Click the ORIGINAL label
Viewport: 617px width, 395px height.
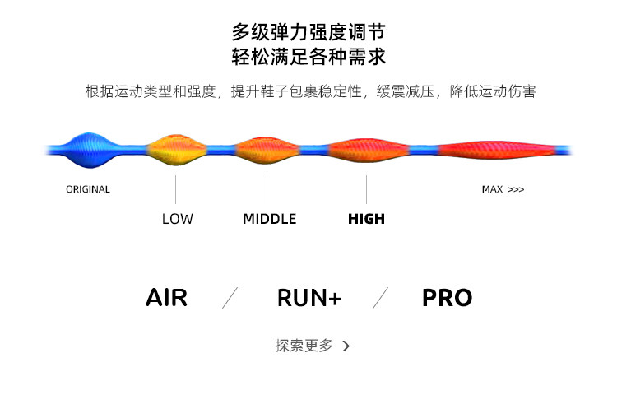coord(88,189)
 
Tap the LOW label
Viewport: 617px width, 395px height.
coord(177,219)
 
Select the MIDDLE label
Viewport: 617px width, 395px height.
coord(269,219)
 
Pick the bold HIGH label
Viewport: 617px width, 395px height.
coord(366,219)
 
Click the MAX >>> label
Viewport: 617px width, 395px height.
coord(503,189)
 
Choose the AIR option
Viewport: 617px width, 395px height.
coord(167,298)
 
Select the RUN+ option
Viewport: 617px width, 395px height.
coord(308,298)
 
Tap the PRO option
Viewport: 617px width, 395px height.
coord(447,298)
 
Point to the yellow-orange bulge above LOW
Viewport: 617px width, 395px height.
coord(176,150)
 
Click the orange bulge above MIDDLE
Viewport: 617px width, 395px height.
coord(267,150)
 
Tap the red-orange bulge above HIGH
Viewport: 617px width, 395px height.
coord(368,150)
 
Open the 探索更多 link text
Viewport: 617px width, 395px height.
coord(304,346)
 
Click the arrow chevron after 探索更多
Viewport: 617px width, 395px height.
coord(346,346)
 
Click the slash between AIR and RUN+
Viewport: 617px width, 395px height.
coord(231,298)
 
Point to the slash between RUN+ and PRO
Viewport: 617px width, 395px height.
coord(380,298)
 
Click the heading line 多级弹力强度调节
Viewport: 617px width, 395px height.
coord(308,33)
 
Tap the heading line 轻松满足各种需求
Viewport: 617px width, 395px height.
coord(308,58)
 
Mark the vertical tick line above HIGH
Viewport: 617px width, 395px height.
coord(366,189)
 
